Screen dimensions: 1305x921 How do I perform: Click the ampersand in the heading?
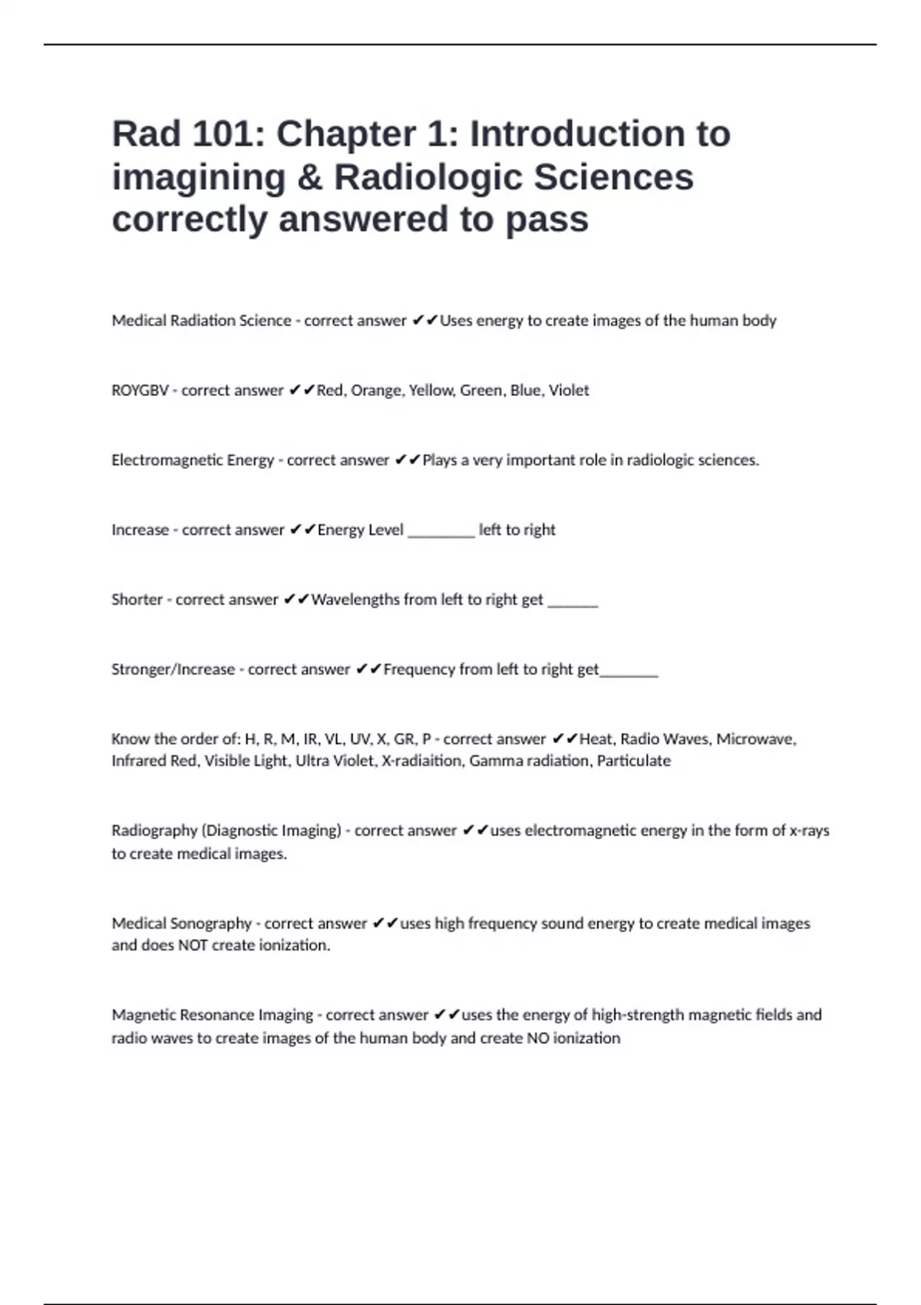click(309, 177)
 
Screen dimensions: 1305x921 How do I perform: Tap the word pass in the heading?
click(546, 220)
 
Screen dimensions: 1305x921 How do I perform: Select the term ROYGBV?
click(140, 391)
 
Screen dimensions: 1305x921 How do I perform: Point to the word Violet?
click(569, 391)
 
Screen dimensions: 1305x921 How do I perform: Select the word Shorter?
click(137, 600)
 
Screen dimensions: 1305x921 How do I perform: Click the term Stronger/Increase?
click(173, 669)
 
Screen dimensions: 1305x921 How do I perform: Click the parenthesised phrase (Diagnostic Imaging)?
click(271, 831)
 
